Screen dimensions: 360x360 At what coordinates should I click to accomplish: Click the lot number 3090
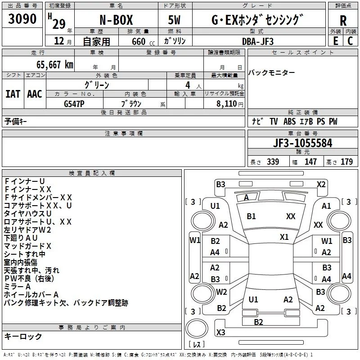[x=22, y=19]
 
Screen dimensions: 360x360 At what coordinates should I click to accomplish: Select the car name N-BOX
[x=116, y=20]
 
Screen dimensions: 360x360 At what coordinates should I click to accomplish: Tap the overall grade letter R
[x=343, y=21]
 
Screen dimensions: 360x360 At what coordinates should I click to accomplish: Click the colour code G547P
[x=74, y=103]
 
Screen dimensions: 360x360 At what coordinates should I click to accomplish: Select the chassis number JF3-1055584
[x=303, y=144]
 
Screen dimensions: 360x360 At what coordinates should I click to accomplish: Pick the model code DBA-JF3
[x=257, y=41]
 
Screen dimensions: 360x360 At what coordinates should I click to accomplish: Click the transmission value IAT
[x=13, y=94]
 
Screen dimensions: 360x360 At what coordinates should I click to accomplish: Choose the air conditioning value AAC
[x=34, y=94]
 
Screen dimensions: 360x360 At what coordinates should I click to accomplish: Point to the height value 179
[x=347, y=162]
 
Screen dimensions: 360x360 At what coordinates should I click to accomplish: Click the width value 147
[x=310, y=162]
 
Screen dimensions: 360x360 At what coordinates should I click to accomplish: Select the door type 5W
[x=175, y=20]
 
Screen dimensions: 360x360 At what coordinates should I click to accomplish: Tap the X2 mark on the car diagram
[x=321, y=184]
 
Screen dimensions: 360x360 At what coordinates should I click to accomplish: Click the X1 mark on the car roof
[x=284, y=237]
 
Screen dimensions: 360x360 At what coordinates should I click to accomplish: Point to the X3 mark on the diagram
[x=220, y=332]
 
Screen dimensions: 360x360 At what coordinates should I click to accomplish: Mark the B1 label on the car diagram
[x=251, y=216]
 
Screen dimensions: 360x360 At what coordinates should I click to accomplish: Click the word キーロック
[x=23, y=336]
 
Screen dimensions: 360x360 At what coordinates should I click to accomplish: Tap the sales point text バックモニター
[x=272, y=72]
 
